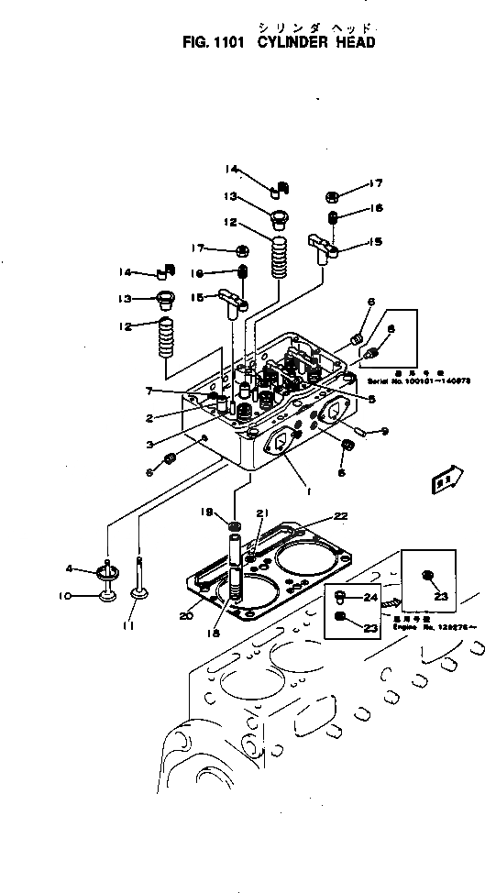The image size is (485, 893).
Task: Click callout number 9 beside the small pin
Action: [385, 432]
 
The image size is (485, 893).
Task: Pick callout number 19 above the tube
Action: [210, 512]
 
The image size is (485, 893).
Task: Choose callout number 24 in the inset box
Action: [369, 597]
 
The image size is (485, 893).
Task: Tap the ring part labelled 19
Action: [234, 525]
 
